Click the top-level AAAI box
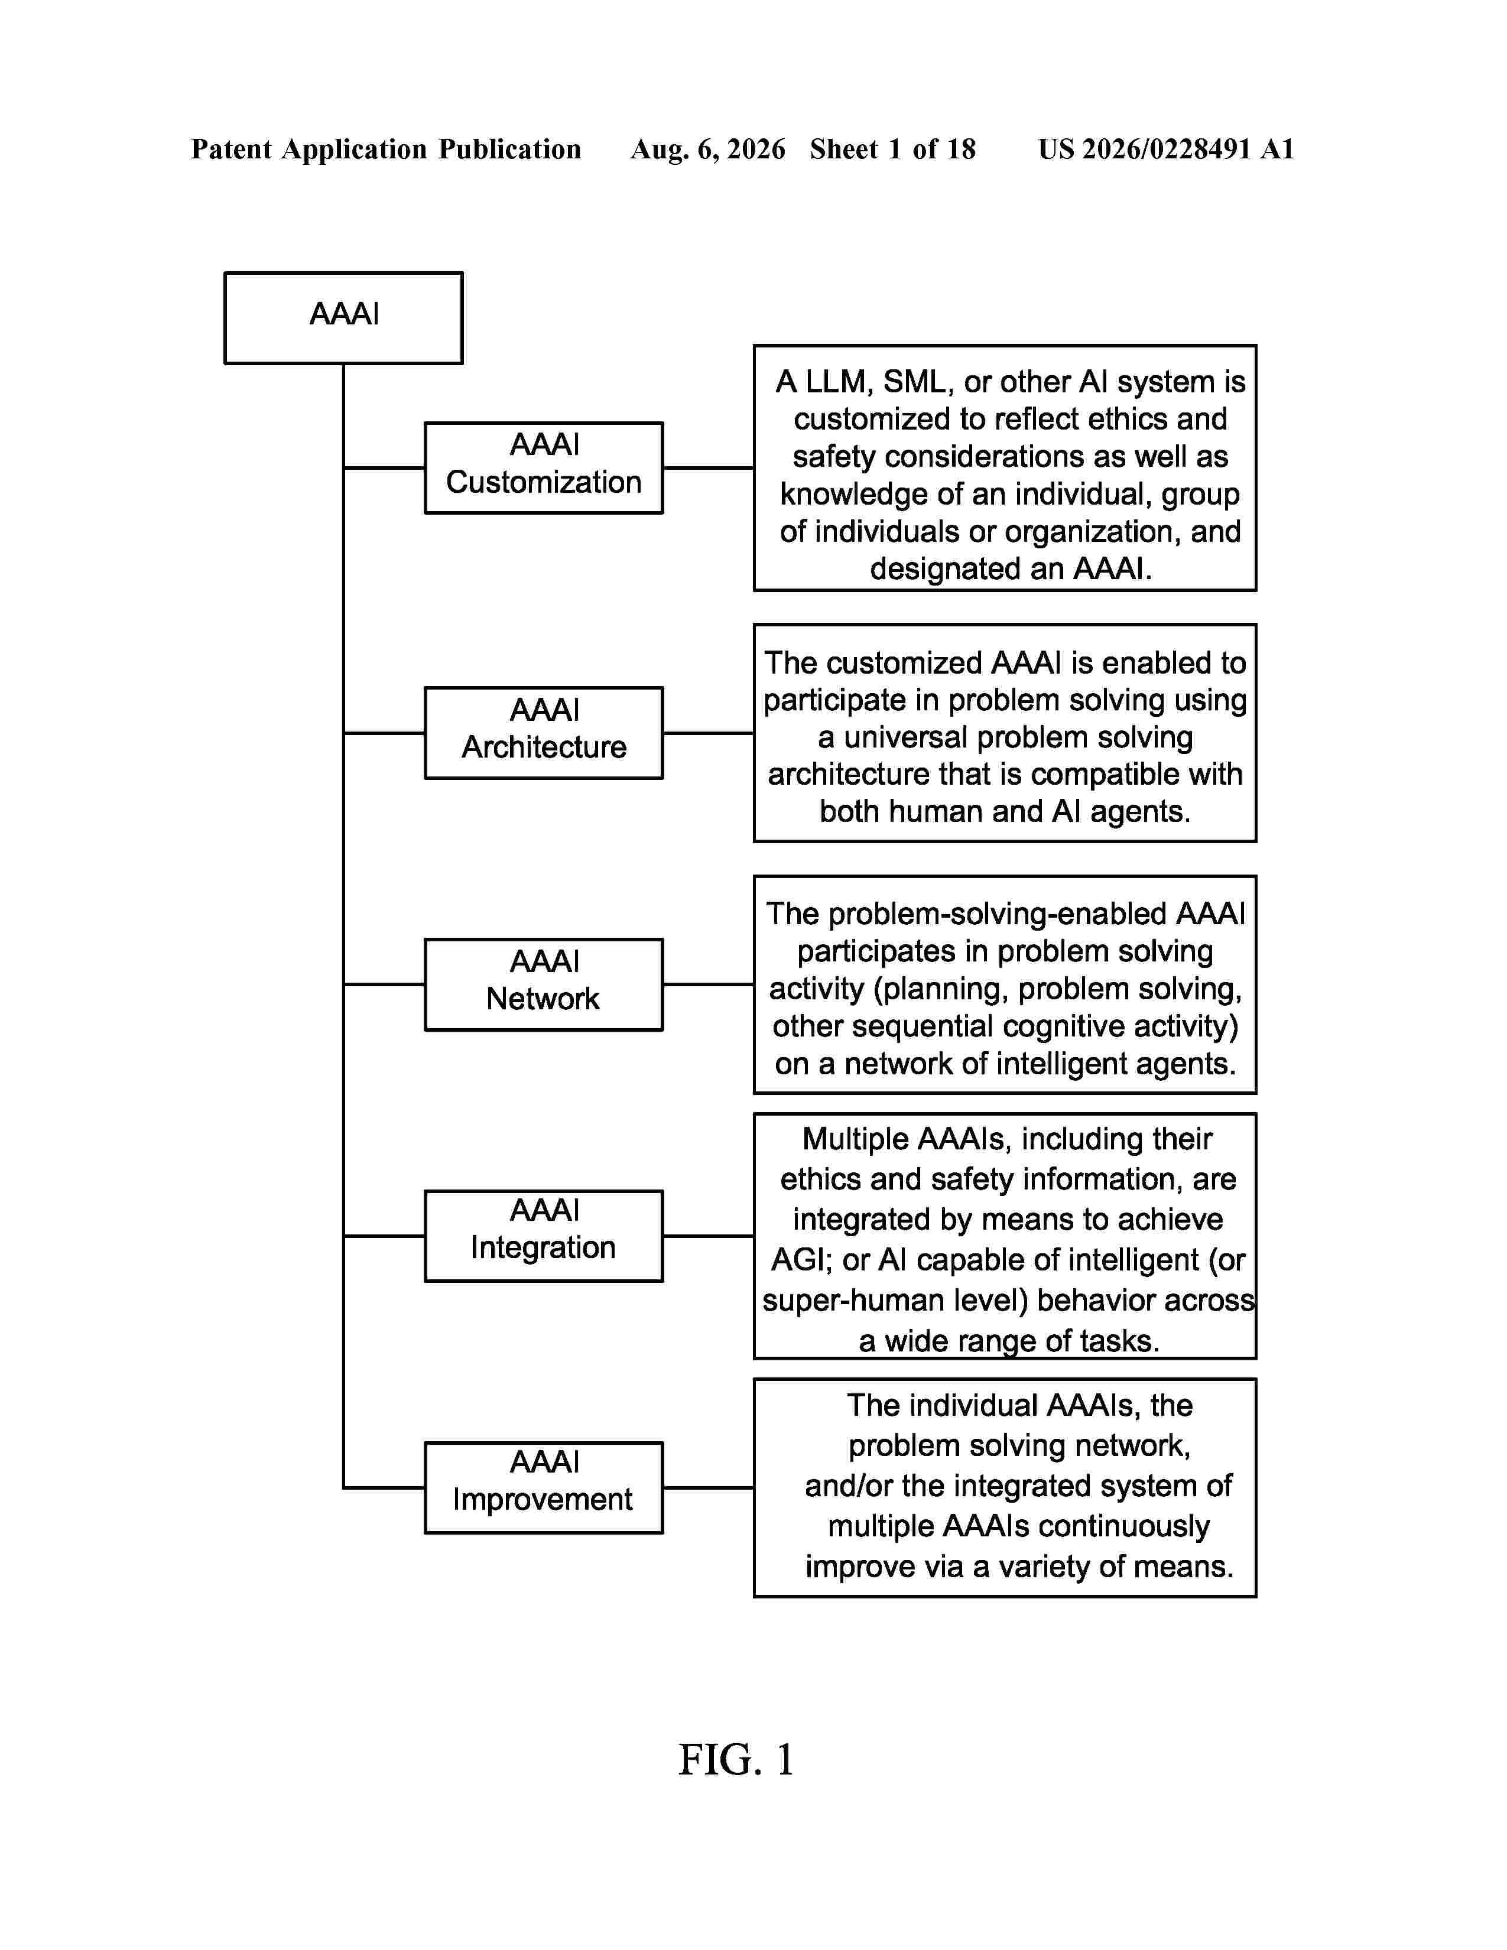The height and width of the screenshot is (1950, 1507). click(344, 318)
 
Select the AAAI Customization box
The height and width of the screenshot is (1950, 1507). click(544, 468)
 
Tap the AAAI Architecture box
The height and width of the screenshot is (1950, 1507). click(544, 733)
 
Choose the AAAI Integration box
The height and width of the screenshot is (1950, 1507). click(544, 1236)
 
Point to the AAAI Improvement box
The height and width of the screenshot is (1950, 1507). click(544, 1487)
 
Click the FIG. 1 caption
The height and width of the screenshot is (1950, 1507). click(736, 1760)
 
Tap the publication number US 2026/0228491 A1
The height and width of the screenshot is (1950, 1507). click(1166, 149)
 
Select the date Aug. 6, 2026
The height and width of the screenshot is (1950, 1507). click(708, 149)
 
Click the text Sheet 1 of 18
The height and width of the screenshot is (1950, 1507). click(893, 149)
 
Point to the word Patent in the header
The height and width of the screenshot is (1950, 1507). click(231, 149)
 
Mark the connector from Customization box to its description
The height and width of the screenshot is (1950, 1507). click(709, 468)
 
